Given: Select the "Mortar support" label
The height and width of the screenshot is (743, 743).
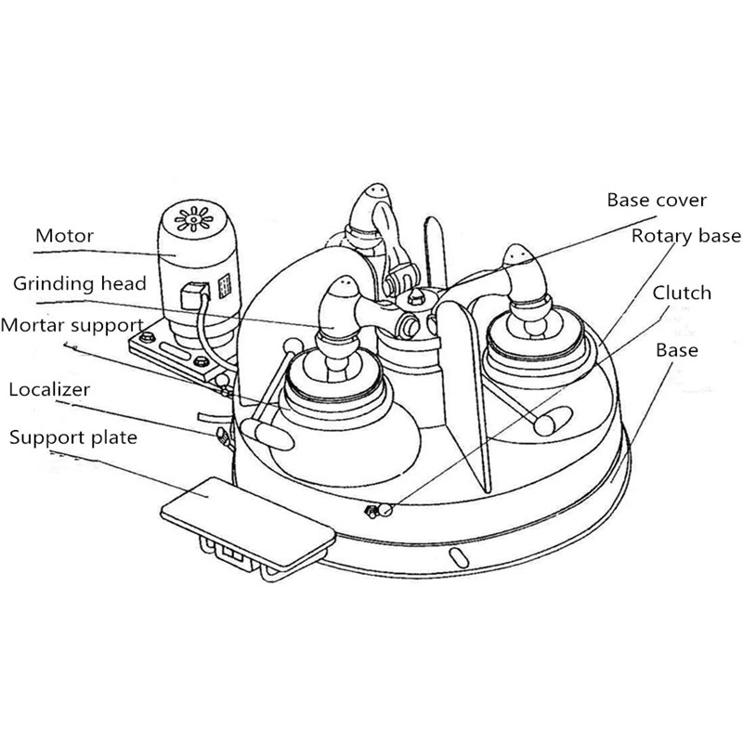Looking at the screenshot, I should pyautogui.click(x=72, y=326).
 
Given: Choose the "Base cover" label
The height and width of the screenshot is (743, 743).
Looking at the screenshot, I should pyautogui.click(x=657, y=200).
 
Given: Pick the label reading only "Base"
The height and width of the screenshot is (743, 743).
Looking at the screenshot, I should pyautogui.click(x=676, y=351).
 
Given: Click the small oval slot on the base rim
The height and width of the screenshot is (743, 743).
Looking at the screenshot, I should pyautogui.click(x=457, y=555).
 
